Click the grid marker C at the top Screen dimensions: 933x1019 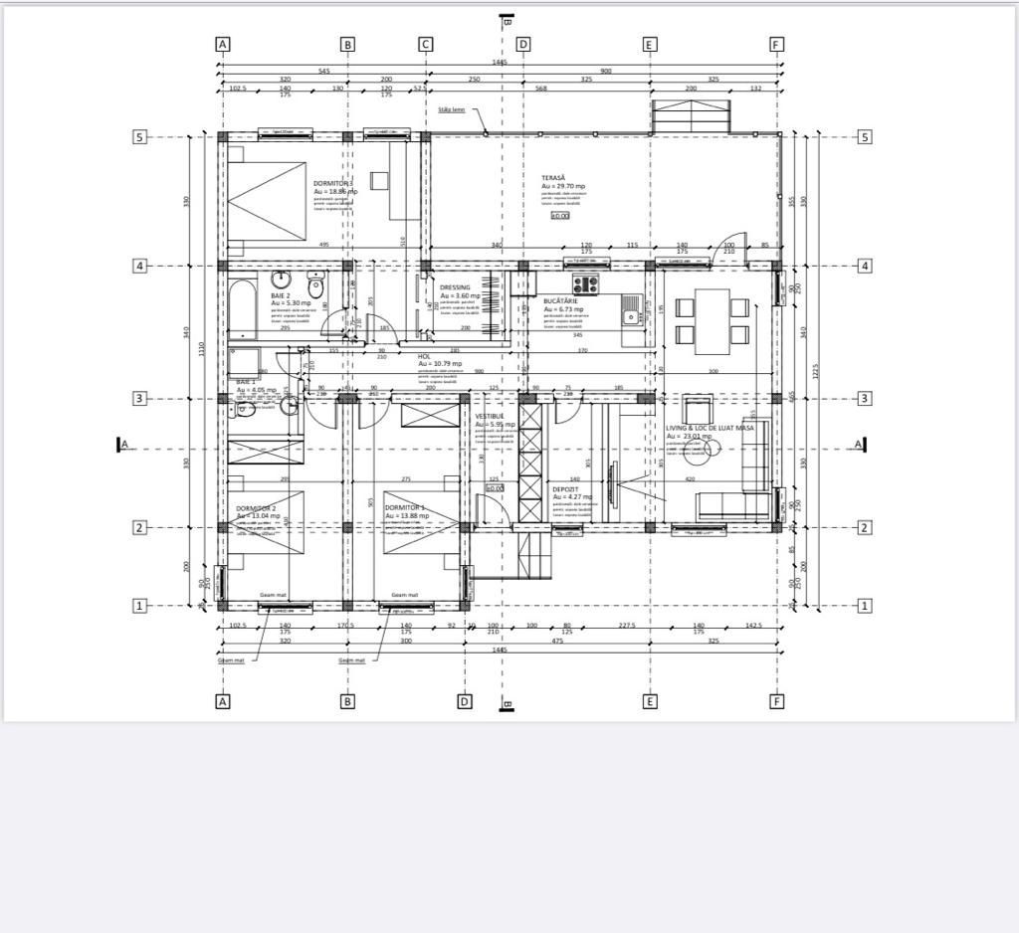[425, 44]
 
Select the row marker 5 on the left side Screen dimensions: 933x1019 [140, 137]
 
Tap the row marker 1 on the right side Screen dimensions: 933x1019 [865, 606]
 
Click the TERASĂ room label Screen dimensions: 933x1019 [553, 177]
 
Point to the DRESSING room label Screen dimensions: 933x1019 [455, 288]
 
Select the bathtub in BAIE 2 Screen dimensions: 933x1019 [243, 310]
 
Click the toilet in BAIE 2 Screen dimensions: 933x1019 [317, 286]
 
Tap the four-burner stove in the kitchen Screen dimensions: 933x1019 [584, 282]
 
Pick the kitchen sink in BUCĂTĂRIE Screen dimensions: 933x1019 [630, 317]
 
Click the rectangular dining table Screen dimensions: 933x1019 [712, 320]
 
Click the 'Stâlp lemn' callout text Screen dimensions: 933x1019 [452, 109]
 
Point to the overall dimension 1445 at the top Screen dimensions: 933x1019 [500, 63]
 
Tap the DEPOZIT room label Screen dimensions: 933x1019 [566, 489]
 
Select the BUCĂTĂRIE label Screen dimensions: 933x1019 [561, 300]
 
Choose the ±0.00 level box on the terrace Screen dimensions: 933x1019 [559, 216]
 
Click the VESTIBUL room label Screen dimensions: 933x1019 [490, 416]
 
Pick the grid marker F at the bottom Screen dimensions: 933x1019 [777, 701]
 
